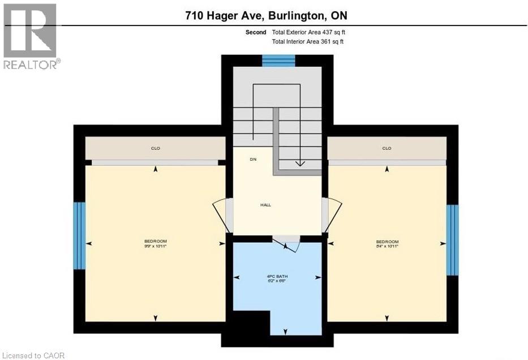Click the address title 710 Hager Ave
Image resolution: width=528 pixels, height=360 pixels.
tap(266, 16)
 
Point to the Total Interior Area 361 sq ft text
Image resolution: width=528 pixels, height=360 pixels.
tap(308, 42)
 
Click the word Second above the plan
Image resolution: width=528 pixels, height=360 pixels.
tap(256, 33)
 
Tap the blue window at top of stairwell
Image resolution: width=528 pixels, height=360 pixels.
tap(279, 60)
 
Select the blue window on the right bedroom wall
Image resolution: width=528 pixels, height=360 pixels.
tap(452, 240)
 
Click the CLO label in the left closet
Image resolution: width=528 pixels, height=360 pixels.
tap(155, 149)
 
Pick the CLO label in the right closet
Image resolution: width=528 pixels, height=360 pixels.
tap(387, 149)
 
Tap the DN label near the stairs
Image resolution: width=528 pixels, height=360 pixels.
tap(253, 160)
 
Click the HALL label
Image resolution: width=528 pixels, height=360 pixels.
tap(265, 205)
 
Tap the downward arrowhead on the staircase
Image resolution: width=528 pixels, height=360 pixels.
tap(300, 164)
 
